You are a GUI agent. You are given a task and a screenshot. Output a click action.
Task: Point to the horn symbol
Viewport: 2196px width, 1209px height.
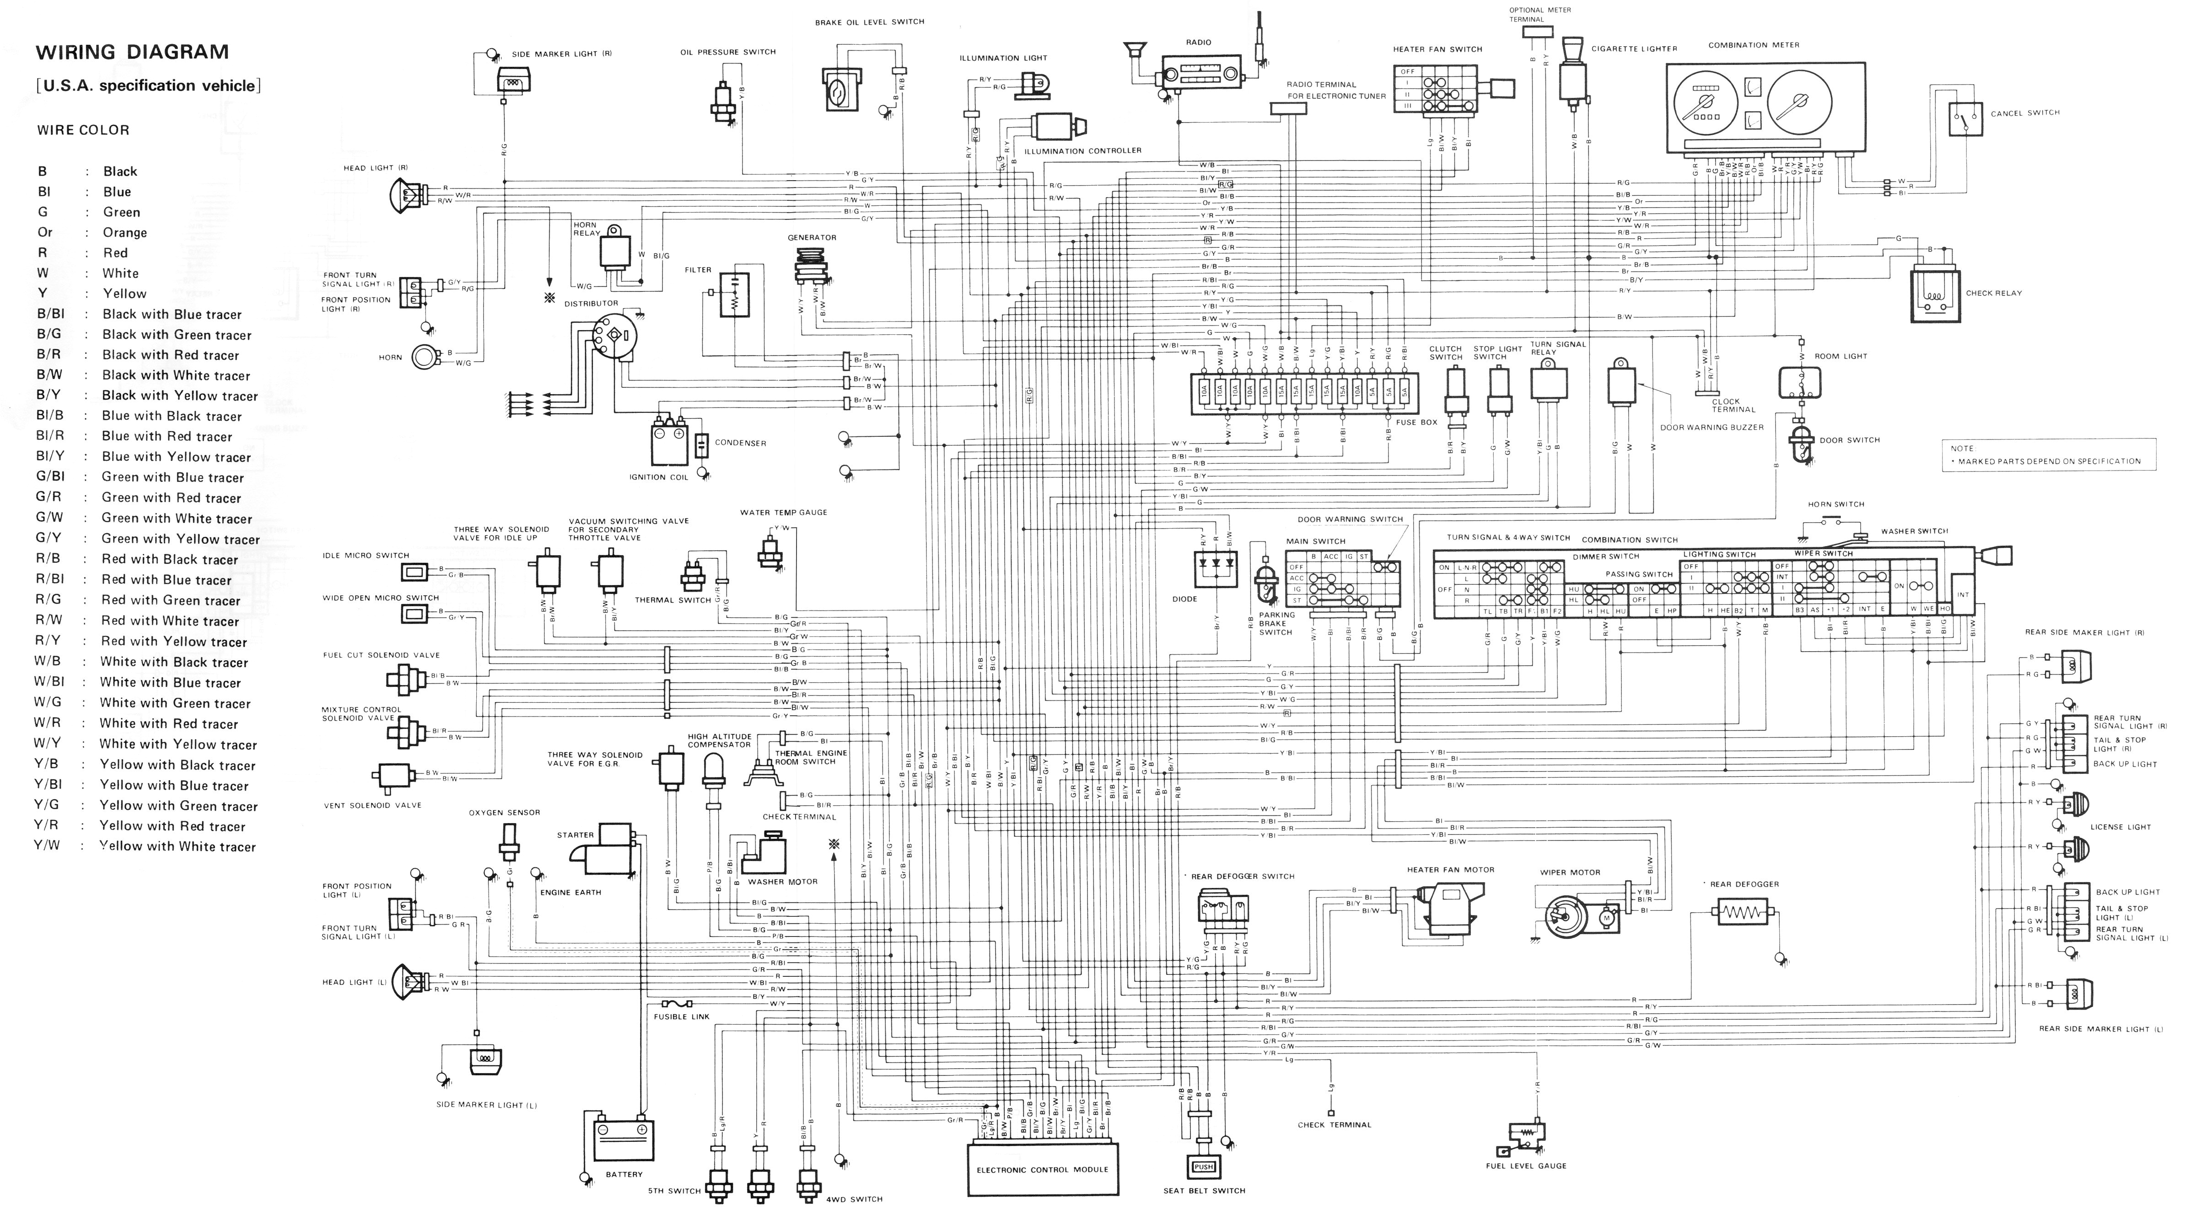coord(423,357)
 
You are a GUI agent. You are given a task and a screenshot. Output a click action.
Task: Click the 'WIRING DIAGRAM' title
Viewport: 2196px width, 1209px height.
coord(132,52)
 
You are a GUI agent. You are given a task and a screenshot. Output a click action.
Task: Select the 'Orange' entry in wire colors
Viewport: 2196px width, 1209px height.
coord(124,233)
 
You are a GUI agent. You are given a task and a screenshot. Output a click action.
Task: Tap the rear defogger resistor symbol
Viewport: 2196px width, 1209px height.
coord(1741,913)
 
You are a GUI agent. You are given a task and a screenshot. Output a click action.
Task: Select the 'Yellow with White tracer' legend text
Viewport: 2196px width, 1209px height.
coord(178,847)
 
